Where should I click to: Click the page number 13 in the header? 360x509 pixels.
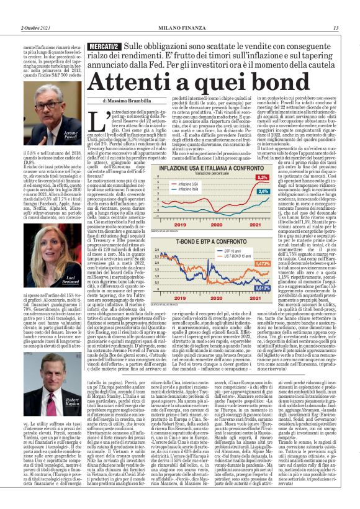pos(336,28)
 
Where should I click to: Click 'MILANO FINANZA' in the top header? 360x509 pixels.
pos(180,28)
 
